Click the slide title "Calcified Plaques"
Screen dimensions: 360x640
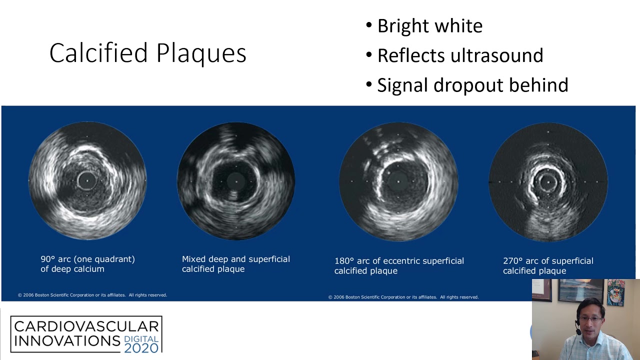[147, 53]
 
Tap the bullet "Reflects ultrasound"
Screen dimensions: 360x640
[459, 55]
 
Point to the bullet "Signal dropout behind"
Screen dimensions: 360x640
[472, 85]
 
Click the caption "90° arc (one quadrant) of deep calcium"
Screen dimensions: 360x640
[87, 264]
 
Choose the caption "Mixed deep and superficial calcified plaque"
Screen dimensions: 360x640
[235, 264]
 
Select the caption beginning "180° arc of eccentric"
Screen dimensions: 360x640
[399, 265]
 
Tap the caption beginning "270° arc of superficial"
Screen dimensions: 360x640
[548, 265]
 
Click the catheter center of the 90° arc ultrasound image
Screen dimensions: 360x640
[87, 180]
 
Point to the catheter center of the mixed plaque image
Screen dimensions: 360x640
[235, 180]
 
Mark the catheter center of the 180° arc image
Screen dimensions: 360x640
[398, 181]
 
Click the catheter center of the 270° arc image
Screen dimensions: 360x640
[548, 181]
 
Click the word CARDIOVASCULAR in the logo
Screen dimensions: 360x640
[86, 327]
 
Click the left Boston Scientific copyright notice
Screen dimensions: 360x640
[92, 295]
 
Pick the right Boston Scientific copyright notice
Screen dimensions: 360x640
[403, 297]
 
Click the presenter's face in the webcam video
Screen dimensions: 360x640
[590, 320]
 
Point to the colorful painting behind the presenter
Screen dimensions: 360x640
[615, 292]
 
